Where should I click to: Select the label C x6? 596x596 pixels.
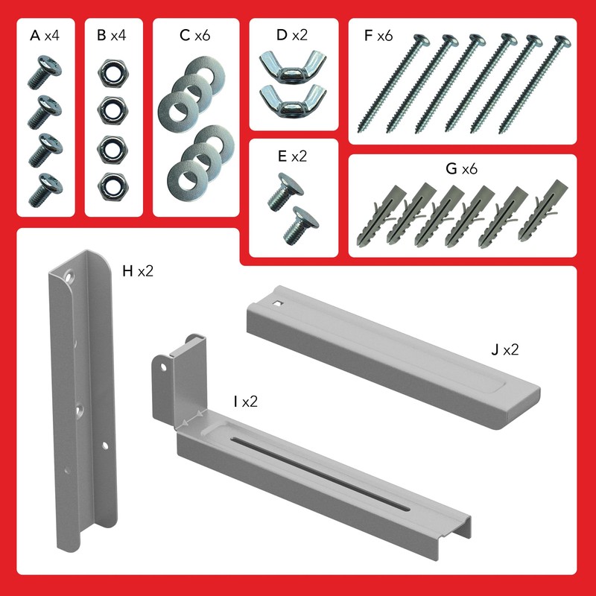(x=196, y=35)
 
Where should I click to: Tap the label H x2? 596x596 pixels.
(x=137, y=270)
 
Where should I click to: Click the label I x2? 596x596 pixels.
(x=245, y=402)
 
